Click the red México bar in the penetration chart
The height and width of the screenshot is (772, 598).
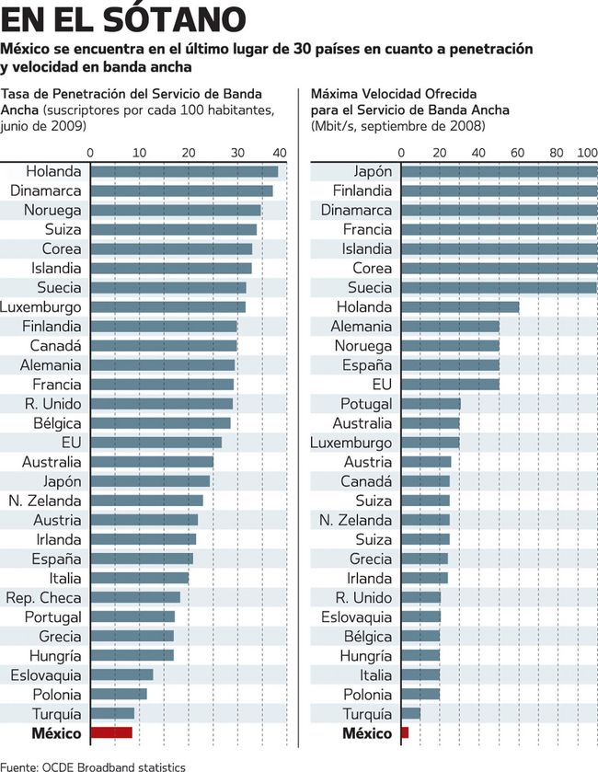pos(111,733)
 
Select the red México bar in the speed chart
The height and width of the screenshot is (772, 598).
pos(405,733)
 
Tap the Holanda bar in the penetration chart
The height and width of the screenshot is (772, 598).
pos(184,171)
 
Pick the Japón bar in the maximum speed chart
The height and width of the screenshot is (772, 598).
pos(499,171)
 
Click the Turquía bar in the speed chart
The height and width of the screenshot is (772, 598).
pos(411,714)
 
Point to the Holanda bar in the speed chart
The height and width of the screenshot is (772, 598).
pos(460,306)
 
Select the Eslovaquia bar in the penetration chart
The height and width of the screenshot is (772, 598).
pos(121,674)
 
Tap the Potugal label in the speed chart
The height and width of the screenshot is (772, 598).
pos(366,404)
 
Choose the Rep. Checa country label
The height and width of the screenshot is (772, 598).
pos(43,597)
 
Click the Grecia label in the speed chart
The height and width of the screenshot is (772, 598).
pos(371,559)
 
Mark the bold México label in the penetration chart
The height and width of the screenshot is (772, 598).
pos(56,733)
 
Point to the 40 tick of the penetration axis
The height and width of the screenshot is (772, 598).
pos(280,152)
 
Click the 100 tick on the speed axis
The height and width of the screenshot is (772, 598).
pos(587,152)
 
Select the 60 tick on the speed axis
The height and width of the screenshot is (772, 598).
pos(518,152)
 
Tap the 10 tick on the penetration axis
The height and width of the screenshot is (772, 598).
pos(139,152)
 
